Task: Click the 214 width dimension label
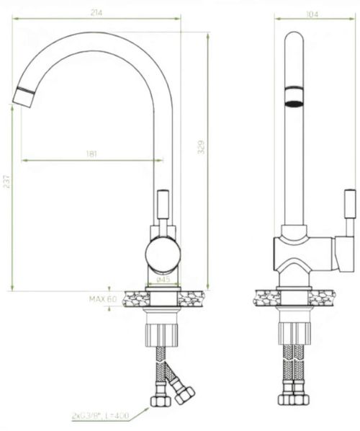click(x=96, y=13)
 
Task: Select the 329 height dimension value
click(x=202, y=147)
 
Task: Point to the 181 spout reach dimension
click(x=91, y=154)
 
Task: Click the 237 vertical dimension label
click(x=6, y=182)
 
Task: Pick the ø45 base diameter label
click(x=163, y=280)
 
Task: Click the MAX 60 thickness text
click(x=103, y=299)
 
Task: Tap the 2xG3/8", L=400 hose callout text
click(x=100, y=416)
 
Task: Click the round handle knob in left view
click(x=163, y=253)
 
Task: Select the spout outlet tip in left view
click(x=24, y=97)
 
